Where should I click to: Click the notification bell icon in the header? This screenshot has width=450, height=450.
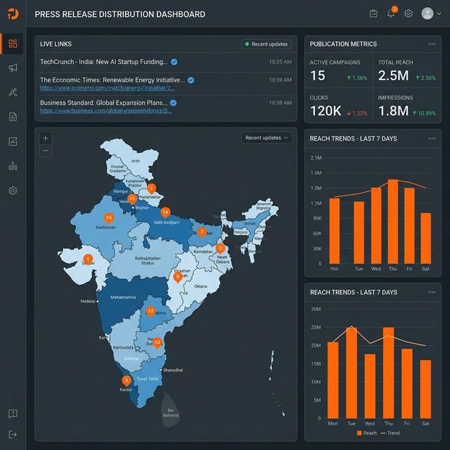pyautogui.click(x=391, y=13)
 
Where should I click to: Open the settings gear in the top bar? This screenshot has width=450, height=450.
pyautogui.click(x=408, y=13)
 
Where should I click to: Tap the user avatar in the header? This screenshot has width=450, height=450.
pyautogui.click(x=427, y=13)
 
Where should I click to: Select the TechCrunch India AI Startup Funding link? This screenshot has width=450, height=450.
pyautogui.click(x=104, y=62)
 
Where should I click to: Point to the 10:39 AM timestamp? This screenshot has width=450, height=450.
pyautogui.click(x=280, y=80)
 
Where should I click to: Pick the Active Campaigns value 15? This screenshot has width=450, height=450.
pyautogui.click(x=318, y=76)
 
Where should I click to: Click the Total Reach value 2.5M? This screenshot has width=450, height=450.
pyautogui.click(x=394, y=76)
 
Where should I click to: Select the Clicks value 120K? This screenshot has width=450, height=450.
pyautogui.click(x=326, y=111)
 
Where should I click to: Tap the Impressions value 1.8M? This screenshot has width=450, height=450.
pyautogui.click(x=393, y=111)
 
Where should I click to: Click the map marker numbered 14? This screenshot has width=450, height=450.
pyautogui.click(x=165, y=212)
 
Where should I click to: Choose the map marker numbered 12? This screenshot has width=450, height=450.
pyautogui.click(x=150, y=311)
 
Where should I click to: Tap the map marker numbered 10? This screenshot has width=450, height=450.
pyautogui.click(x=157, y=342)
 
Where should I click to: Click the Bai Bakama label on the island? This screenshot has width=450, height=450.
pyautogui.click(x=169, y=413)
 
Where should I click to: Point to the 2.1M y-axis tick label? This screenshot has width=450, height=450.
pyautogui.click(x=316, y=157)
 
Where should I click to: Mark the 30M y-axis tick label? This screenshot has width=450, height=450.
pyautogui.click(x=316, y=309)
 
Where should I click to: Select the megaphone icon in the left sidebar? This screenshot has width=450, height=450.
pyautogui.click(x=13, y=68)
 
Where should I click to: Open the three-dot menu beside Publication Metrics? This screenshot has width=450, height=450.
pyautogui.click(x=432, y=44)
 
